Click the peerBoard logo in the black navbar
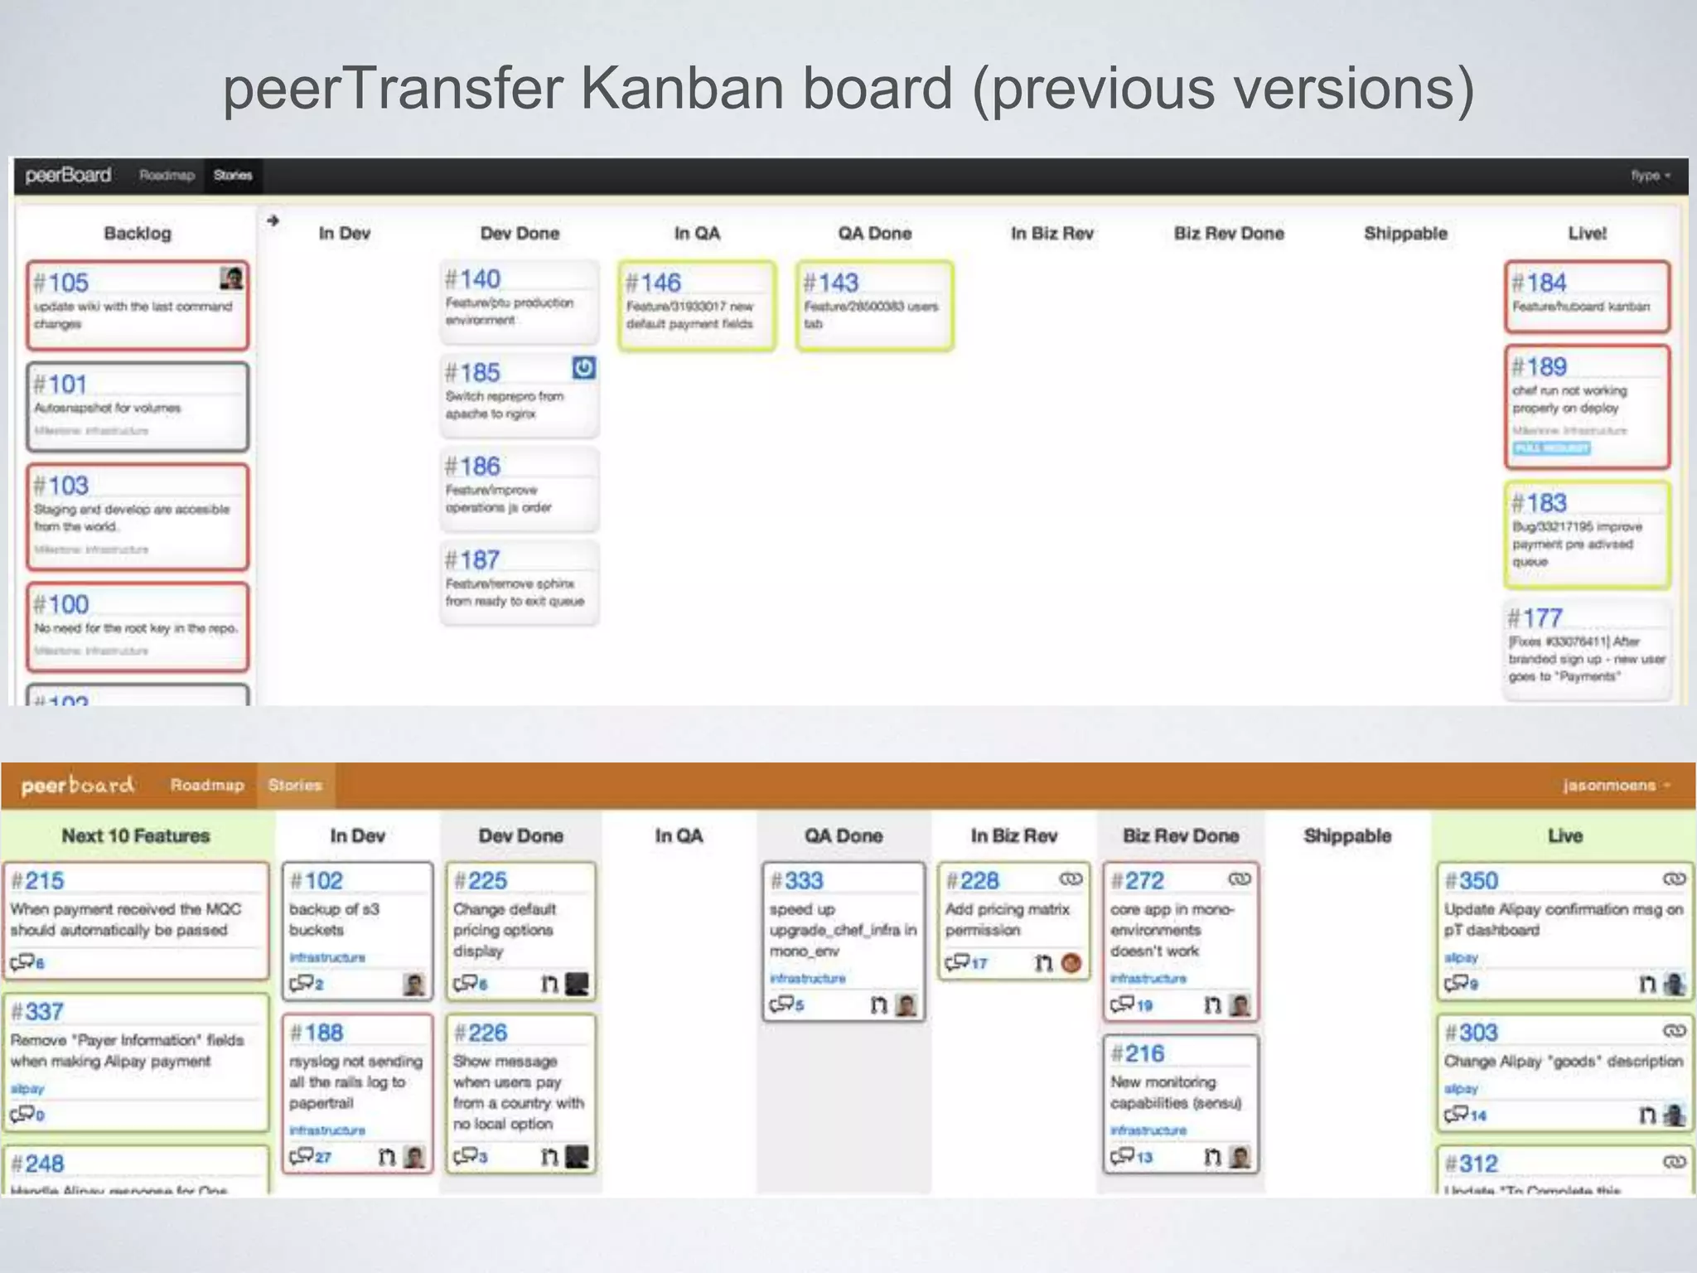tap(68, 176)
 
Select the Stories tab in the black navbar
tap(233, 176)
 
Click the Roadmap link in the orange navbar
tap(207, 785)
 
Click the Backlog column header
tap(138, 234)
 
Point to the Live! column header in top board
tap(1587, 234)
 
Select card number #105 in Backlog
tap(61, 283)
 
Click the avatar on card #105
tap(232, 278)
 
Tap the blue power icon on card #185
tap(583, 367)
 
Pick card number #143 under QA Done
tap(831, 283)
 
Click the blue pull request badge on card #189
tap(1551, 448)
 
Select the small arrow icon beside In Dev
tap(273, 220)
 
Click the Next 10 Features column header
tap(136, 835)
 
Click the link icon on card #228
tap(1071, 879)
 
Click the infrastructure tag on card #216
tap(1148, 1130)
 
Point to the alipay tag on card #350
tap(1461, 957)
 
